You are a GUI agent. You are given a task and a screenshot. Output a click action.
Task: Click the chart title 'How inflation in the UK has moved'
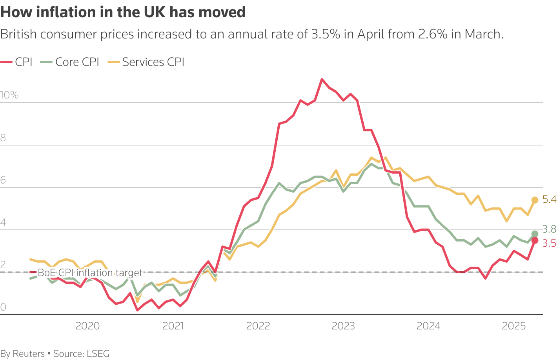[123, 13]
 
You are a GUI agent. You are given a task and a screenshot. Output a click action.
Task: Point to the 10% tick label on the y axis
[9, 95]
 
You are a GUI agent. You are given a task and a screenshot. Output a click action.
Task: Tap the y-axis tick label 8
[3, 138]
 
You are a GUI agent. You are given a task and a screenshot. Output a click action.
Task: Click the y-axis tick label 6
[3, 180]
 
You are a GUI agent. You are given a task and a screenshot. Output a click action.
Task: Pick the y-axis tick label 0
[3, 307]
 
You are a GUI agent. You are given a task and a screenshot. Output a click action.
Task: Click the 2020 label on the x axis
[87, 326]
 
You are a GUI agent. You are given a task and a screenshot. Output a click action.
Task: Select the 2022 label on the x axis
[258, 326]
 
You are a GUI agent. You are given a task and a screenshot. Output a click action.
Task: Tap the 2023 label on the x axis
[343, 326]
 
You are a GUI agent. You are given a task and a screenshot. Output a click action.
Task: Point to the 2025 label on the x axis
[514, 326]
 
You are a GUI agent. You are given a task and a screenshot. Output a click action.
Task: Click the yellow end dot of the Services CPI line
[535, 200]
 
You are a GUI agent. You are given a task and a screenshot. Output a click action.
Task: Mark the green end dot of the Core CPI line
[535, 234]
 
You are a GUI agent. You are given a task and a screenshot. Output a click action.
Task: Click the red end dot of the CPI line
[535, 240]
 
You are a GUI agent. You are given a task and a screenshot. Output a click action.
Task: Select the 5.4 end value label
[549, 200]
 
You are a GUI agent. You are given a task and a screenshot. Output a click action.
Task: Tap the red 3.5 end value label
[549, 244]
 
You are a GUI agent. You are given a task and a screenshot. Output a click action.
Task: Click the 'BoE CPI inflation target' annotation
[90, 273]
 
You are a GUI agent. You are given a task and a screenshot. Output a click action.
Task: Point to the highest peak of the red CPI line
[322, 80]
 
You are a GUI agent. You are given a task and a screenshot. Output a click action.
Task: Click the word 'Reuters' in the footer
[29, 354]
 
